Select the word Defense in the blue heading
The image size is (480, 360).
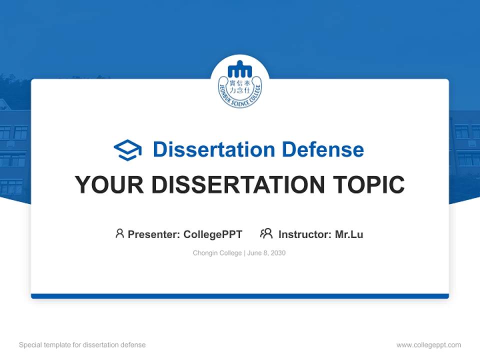[x=322, y=149]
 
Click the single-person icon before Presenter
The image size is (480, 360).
[x=119, y=233]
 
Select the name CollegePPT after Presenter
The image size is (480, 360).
[x=213, y=234]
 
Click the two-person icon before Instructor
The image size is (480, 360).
[x=266, y=233]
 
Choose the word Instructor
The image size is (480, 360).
[x=304, y=234]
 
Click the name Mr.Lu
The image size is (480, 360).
[x=349, y=234]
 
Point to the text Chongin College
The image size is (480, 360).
[x=217, y=253]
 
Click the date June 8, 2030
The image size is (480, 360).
[x=266, y=253]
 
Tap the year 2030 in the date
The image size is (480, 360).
[x=278, y=253]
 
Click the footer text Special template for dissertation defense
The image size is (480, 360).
[x=82, y=345]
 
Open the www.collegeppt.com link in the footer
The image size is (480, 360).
[x=428, y=345]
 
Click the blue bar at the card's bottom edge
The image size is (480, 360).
[x=240, y=296]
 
